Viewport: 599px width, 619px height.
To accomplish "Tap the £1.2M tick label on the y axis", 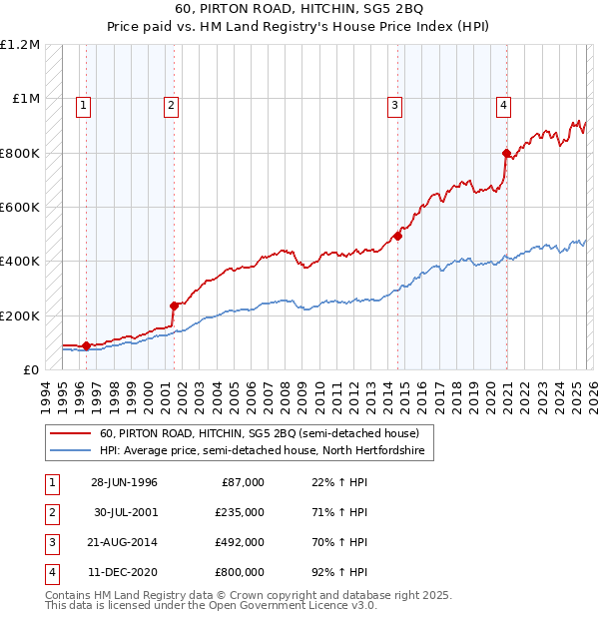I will coord(21,45).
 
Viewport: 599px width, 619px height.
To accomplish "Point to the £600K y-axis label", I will coord(21,208).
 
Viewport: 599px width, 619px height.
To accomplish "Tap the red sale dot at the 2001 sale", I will coord(174,306).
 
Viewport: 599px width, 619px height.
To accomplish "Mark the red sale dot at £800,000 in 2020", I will coord(506,153).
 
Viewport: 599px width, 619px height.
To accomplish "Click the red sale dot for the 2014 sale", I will coord(397,237).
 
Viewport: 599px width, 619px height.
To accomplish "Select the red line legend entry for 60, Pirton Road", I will coord(266,433).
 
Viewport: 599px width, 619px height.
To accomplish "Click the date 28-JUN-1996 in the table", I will coord(124,482).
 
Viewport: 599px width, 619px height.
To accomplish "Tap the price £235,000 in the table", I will coord(241,512).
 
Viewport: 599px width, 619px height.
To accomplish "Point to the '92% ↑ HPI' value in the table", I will coord(338,572).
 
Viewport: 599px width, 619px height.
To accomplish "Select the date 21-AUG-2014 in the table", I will coord(124,542).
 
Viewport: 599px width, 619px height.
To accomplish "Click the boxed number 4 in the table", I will coord(51,572).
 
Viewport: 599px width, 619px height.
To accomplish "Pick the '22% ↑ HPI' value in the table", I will coord(338,482).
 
